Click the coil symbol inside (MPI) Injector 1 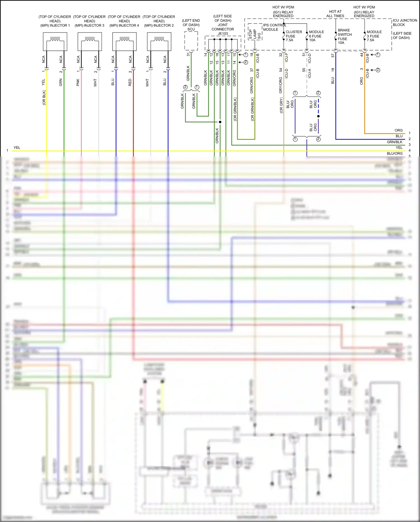pos(55,40)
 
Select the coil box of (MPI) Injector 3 pos(90,42)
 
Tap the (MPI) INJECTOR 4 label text pos(124,26)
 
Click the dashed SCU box pos(191,41)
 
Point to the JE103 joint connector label pos(223,33)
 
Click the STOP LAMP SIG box pos(255,32)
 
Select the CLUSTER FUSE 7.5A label pos(293,36)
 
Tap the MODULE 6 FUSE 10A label pos(316,36)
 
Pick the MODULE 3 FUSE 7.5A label pos(374,36)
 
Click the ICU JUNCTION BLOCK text pos(405,22)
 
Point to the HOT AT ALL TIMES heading pos(335,14)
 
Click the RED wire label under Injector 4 pos(130,82)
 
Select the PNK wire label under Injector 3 pos(78,82)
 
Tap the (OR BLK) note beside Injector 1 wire pos(44,98)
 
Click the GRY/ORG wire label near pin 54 pos(281,85)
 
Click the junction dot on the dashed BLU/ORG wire pos(318,116)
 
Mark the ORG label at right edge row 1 pos(398,130)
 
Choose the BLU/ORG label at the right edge pos(395,153)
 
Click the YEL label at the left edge pos(17,148)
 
